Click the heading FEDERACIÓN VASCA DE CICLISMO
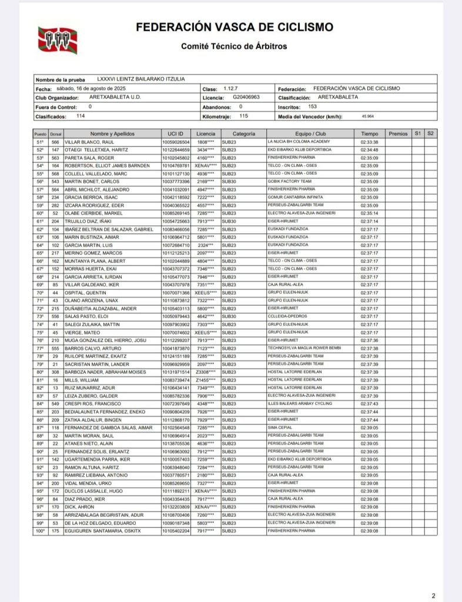[x=235, y=28]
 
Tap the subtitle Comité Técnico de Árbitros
[x=234, y=45]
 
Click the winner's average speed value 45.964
[x=369, y=116]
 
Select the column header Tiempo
[x=370, y=134]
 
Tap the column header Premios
[x=398, y=134]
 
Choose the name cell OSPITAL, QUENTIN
[x=83, y=292]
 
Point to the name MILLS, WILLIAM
[x=80, y=380]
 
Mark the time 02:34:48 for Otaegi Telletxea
[x=370, y=150]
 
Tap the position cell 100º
[x=41, y=531]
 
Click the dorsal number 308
[x=55, y=372]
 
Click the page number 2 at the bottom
[x=433, y=596]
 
